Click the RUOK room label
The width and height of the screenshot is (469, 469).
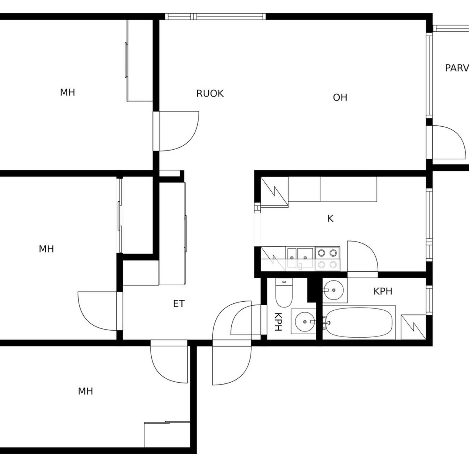[x=210, y=93]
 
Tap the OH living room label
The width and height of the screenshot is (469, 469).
[x=340, y=97]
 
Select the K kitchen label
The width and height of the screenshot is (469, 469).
[x=330, y=219]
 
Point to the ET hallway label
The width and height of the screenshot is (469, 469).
[x=179, y=304]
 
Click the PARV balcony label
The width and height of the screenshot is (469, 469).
[x=457, y=68]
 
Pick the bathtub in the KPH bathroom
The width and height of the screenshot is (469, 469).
[x=358, y=322]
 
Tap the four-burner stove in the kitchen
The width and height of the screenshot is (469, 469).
[x=327, y=258]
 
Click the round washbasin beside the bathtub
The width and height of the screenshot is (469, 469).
[x=333, y=290]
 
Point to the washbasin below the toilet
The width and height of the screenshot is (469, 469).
[x=304, y=322]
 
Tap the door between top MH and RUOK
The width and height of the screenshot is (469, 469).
[x=179, y=131]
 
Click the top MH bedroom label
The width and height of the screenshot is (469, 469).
[x=67, y=93]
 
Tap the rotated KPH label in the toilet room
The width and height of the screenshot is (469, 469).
[x=278, y=322]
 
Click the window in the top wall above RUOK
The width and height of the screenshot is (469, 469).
[x=215, y=16]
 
